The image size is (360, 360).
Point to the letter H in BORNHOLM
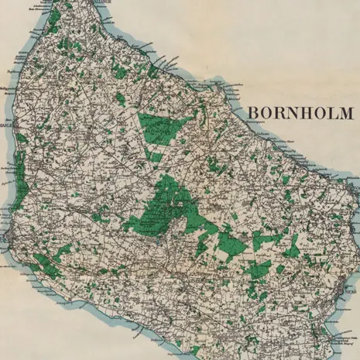click(303, 113)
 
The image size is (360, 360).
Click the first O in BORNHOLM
click(266, 113)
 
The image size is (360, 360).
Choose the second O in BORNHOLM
click(317, 113)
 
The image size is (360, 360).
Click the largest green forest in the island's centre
click(166, 205)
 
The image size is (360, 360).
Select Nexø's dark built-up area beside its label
click(342, 291)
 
